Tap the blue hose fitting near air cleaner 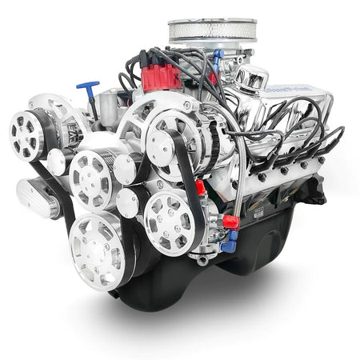coord(218,58)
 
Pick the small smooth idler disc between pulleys coord(126,168)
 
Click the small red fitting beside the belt coord(200,188)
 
